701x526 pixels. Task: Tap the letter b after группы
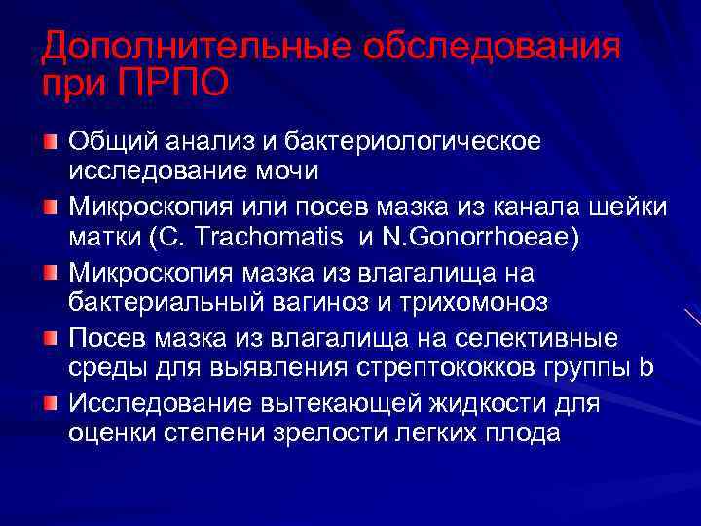[x=646, y=367]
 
